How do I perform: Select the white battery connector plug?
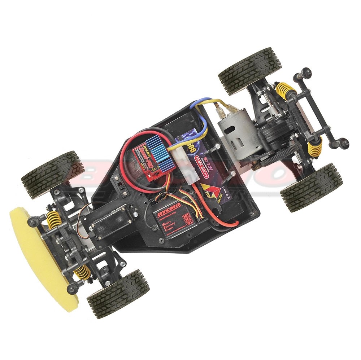pyautogui.click(x=190, y=173)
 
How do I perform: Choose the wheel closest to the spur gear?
pyautogui.click(x=311, y=187)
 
